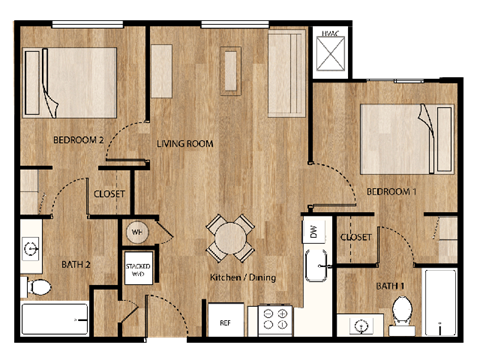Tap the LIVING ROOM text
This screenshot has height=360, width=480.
point(185,144)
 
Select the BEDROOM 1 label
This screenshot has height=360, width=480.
point(391,191)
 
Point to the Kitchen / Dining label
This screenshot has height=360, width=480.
point(242,277)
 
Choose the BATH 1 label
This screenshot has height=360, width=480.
point(390,286)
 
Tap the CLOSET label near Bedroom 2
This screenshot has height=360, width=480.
point(110,194)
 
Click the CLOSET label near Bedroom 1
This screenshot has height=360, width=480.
point(356,237)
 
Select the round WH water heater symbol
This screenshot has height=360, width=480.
point(136,233)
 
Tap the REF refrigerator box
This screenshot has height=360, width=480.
point(225,323)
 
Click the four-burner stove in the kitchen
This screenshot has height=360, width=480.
point(275,321)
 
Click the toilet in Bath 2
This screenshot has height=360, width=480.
point(38,287)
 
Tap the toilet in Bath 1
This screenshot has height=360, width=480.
point(402,309)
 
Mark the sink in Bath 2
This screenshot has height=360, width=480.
point(30,246)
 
